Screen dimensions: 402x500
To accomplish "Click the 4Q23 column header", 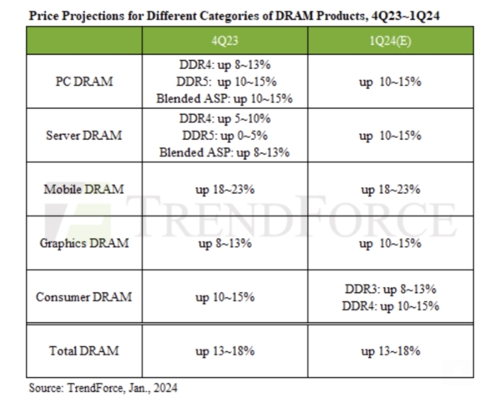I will (x=225, y=41).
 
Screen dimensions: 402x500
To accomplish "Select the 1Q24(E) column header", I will (x=391, y=41).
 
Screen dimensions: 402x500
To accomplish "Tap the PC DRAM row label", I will (x=83, y=82).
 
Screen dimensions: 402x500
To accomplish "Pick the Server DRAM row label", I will (x=83, y=136).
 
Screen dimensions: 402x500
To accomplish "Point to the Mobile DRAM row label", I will (x=83, y=190).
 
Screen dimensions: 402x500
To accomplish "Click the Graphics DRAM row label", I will (x=83, y=244).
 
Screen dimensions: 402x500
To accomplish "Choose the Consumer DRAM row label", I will (x=83, y=297).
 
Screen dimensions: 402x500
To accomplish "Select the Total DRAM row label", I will (x=83, y=351).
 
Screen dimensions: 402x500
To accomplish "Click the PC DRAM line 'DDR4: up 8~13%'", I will (x=225, y=65).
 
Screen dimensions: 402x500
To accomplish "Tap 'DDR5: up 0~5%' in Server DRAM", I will (x=225, y=136).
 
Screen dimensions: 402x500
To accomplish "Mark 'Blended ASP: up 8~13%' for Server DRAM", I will (x=225, y=151).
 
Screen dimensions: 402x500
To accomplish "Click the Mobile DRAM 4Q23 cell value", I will (x=225, y=190).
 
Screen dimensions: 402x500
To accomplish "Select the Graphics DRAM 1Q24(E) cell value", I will (x=391, y=244).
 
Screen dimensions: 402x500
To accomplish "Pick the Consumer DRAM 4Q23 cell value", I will (x=225, y=297).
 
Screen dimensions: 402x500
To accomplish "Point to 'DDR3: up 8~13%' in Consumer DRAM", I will (x=391, y=290).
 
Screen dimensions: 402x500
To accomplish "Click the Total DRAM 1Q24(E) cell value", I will (x=391, y=351).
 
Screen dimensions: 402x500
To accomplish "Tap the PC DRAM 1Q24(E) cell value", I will (x=391, y=82).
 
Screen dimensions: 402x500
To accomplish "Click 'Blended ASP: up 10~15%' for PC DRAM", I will (x=225, y=98).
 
